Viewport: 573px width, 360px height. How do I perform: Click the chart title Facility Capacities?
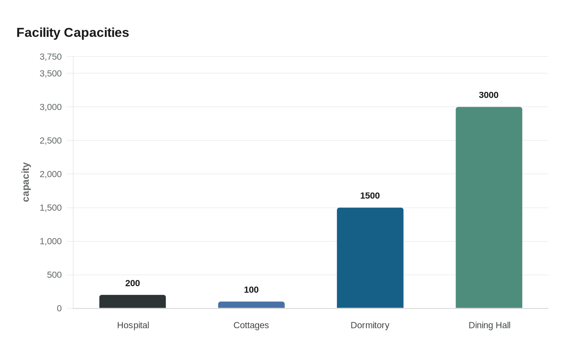point(72,33)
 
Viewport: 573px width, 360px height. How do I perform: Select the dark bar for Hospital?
point(133,301)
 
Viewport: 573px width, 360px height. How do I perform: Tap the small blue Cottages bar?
point(251,305)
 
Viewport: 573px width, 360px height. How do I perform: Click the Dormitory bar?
point(370,258)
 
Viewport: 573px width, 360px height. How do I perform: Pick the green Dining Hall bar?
point(489,207)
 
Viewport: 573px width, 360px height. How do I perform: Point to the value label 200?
point(133,283)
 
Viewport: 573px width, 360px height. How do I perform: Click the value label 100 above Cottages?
point(251,290)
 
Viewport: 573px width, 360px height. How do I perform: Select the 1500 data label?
point(370,196)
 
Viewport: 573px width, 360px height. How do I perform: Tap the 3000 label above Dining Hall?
point(489,95)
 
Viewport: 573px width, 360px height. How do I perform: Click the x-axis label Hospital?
point(133,325)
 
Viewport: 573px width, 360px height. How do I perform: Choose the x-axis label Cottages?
point(251,325)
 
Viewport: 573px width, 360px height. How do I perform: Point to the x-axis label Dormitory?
point(370,325)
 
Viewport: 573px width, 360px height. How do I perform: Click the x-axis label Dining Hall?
point(490,325)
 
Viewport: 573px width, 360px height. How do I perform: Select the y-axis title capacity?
point(26,182)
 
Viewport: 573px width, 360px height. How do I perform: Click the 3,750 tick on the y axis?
point(51,57)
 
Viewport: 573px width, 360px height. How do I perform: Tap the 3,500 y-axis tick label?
point(51,74)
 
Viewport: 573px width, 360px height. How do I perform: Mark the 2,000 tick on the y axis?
point(51,174)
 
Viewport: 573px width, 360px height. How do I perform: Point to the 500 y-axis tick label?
point(54,275)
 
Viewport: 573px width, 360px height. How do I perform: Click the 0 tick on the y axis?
point(59,308)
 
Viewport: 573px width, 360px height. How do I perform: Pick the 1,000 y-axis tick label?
point(51,241)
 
